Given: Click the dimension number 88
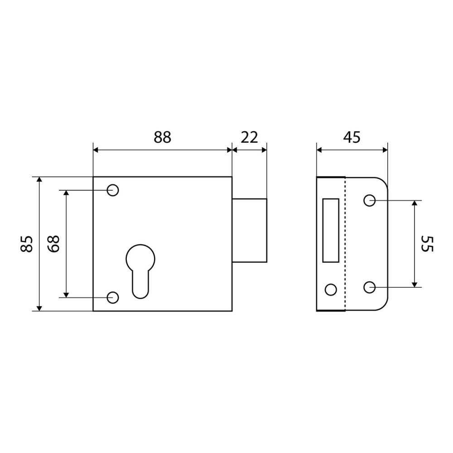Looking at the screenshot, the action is click(162, 137).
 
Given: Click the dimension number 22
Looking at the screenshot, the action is click(249, 137).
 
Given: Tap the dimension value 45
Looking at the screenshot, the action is click(352, 137).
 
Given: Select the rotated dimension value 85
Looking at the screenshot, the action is click(27, 244).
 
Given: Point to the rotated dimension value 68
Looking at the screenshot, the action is click(53, 244).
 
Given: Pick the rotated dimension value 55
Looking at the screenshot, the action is click(427, 244).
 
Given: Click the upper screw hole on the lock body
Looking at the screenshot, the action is click(113, 190).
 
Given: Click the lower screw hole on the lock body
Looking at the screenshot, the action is click(113, 297).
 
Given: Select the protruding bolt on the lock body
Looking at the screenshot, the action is click(249, 230).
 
